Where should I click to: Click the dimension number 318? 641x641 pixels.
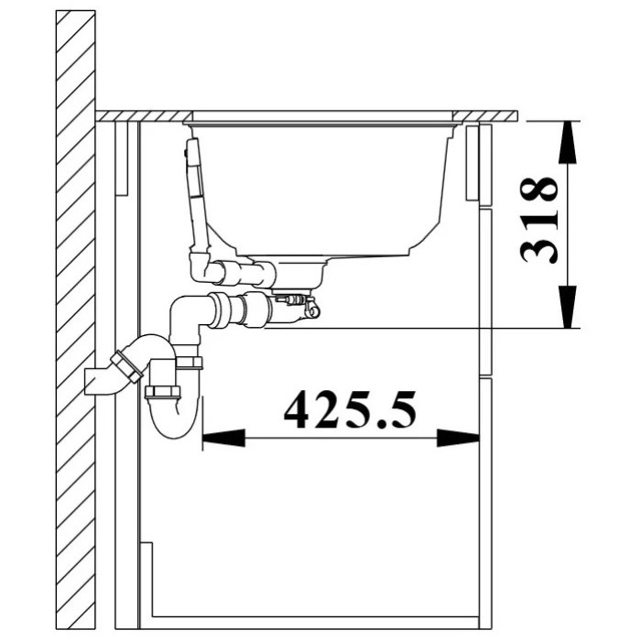(538, 220)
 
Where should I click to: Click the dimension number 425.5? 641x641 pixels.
(350, 408)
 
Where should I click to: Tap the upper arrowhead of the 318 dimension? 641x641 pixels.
(568, 142)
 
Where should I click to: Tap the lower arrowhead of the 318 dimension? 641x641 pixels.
(568, 307)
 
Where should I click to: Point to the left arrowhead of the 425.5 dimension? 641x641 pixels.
(223, 438)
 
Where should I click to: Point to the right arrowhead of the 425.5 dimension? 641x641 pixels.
(458, 438)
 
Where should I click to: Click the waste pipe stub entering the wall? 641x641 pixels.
(98, 381)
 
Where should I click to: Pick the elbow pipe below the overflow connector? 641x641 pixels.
(186, 319)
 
